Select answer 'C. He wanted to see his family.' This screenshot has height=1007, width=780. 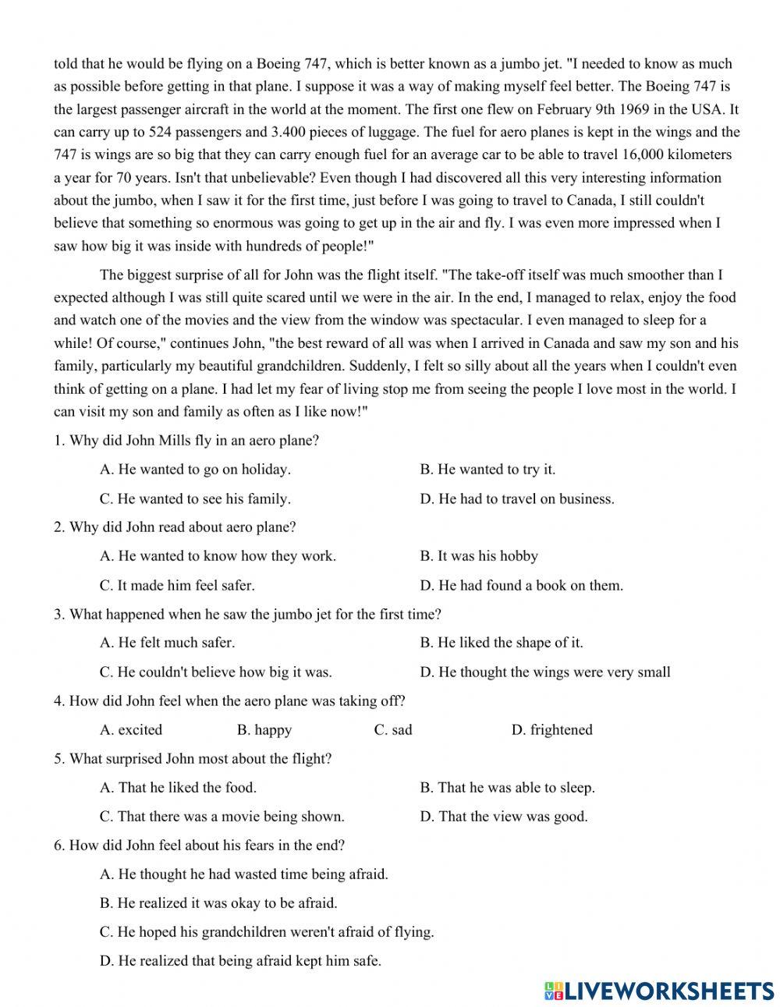point(195,498)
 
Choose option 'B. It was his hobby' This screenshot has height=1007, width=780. point(479,556)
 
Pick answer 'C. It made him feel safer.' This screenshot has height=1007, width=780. point(177,585)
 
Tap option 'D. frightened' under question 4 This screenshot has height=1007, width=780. point(551,730)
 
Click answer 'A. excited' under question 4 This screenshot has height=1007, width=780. point(131,730)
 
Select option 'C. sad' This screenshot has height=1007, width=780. point(393,730)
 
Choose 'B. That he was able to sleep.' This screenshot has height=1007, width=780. point(507,788)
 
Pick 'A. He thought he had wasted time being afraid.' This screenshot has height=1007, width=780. point(243,874)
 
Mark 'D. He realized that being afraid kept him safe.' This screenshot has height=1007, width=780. point(240,961)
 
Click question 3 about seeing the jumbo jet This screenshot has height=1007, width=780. point(247,615)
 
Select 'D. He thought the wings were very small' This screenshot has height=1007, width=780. point(545,672)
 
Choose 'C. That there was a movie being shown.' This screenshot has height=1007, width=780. point(222,817)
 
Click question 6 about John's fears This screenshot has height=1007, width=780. point(199,846)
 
